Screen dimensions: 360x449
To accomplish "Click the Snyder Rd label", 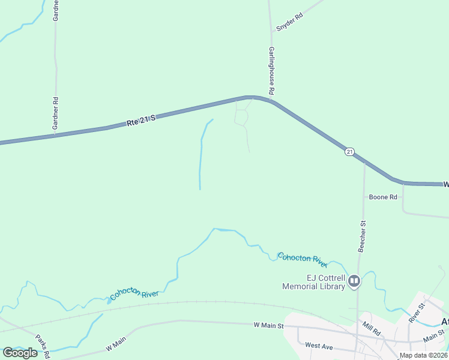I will click(x=290, y=23).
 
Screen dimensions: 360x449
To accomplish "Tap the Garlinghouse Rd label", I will click(x=271, y=71).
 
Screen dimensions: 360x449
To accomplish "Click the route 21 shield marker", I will click(x=349, y=151).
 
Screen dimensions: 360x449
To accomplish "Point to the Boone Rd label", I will click(x=383, y=197).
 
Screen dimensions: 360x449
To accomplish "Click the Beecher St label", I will click(x=362, y=235).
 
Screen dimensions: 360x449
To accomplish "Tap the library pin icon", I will click(x=355, y=281).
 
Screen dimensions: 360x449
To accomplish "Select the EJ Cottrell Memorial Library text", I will click(x=313, y=282).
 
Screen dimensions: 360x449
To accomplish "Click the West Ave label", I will click(x=319, y=345).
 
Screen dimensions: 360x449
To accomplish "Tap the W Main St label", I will click(x=268, y=325).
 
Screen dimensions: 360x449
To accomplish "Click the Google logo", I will click(x=20, y=353).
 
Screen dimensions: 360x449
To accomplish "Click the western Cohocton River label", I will click(x=134, y=294).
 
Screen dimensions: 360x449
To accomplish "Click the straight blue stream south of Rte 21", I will click(x=200, y=162).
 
